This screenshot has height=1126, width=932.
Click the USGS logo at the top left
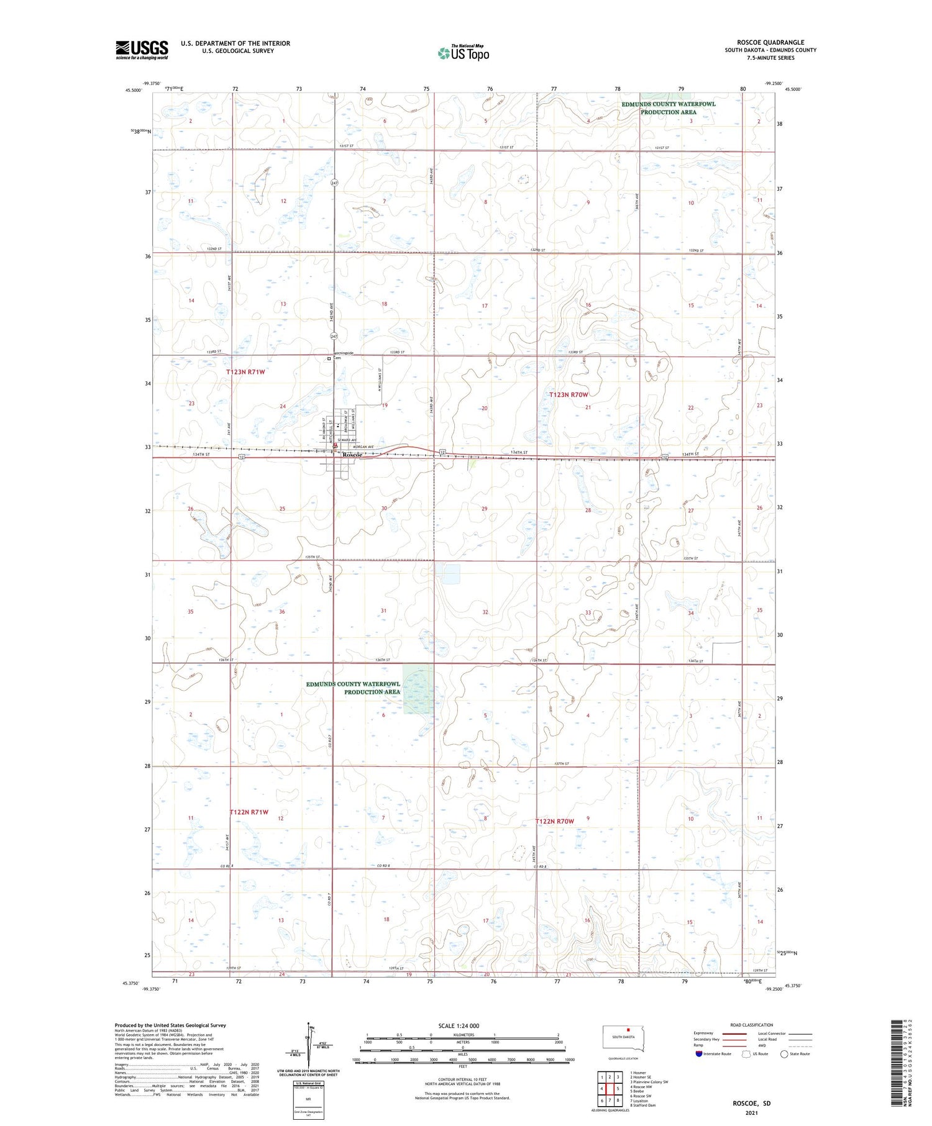pyautogui.click(x=142, y=50)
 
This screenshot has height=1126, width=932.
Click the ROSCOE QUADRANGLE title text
pyautogui.click(x=770, y=42)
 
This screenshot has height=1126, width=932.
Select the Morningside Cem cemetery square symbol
pyautogui.click(x=329, y=358)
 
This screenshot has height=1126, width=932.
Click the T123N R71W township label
pyautogui.click(x=245, y=372)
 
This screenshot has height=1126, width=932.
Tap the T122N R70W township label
pyautogui.click(x=555, y=821)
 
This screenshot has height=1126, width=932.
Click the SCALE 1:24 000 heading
pyautogui.click(x=459, y=1025)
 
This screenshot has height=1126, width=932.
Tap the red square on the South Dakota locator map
pyautogui.click(x=628, y=1030)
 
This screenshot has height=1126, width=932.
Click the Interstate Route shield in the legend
pyautogui.click(x=699, y=1053)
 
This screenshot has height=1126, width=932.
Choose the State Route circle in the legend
pyautogui.click(x=784, y=1053)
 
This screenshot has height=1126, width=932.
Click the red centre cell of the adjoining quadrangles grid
pyautogui.click(x=610, y=1088)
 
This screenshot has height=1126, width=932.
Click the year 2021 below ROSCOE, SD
pyautogui.click(x=751, y=1113)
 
